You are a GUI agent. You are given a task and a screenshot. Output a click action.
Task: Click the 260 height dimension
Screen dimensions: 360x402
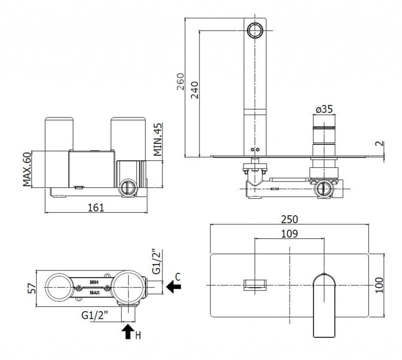pos(180,82)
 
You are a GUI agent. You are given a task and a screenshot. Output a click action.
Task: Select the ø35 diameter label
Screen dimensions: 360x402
pos(324,110)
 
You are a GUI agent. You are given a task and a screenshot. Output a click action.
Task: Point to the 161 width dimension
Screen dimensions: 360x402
pos(96,207)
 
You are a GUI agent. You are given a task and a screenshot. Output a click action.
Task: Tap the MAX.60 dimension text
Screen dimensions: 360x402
pos(27,169)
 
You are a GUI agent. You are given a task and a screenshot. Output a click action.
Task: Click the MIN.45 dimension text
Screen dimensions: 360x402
pos(158,140)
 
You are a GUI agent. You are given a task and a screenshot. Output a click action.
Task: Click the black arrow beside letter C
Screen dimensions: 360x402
pos(173,287)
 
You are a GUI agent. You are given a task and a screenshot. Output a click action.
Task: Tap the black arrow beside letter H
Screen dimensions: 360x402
pos(127,332)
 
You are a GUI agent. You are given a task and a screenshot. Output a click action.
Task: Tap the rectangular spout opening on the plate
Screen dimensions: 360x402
pos(255,284)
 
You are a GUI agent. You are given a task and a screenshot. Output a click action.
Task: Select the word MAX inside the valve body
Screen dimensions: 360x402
pos(94,292)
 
